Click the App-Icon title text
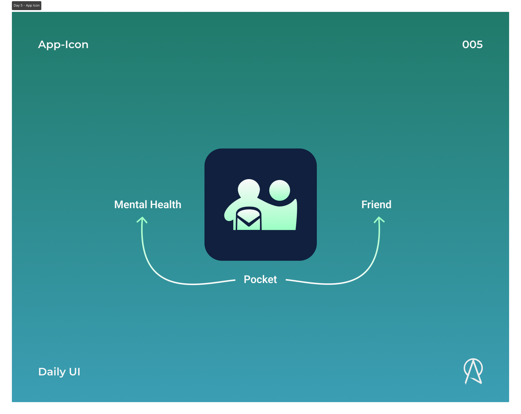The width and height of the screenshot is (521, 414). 63,45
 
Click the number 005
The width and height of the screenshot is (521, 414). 472,45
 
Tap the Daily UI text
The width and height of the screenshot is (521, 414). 59,372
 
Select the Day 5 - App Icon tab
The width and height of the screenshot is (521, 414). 26,5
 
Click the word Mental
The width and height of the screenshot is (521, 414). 131,205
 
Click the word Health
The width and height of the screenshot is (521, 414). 166,205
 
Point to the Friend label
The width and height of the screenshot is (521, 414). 376,205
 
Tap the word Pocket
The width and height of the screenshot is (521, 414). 260,279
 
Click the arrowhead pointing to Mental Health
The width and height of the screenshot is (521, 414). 142,220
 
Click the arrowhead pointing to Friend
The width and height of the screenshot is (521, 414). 379,220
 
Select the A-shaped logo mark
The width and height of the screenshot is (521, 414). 473,371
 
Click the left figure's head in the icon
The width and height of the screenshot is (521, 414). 249,189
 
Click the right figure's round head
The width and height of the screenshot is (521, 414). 279,190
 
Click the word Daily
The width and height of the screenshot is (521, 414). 52,372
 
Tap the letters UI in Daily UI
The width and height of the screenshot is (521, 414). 75,372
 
